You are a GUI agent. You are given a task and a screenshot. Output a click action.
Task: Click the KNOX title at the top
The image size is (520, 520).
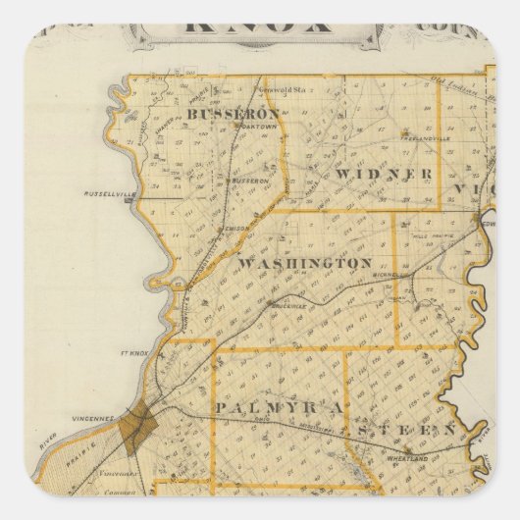click(261, 22)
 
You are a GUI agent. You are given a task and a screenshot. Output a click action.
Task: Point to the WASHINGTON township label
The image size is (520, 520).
click(304, 263)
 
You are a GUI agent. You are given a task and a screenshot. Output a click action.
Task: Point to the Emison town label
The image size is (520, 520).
click(236, 228)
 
